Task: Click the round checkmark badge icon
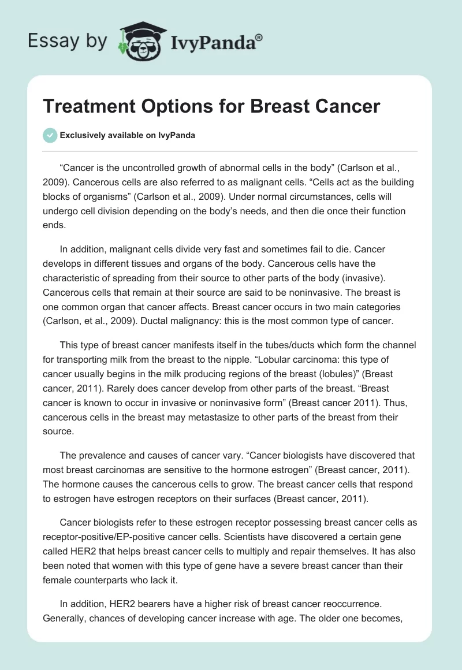(x=50, y=135)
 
